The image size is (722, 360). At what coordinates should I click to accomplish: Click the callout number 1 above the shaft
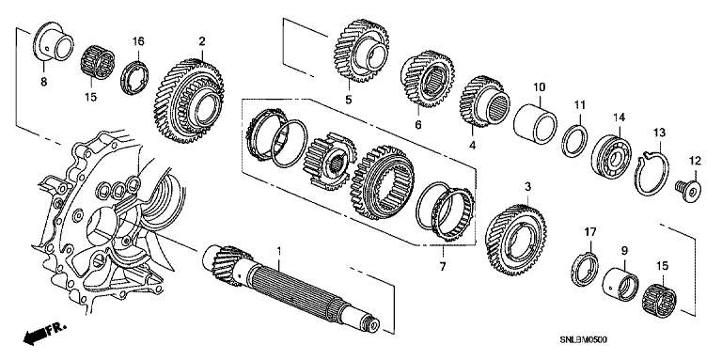(278, 252)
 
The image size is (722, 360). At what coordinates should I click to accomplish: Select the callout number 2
(202, 42)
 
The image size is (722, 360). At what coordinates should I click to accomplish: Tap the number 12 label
(695, 161)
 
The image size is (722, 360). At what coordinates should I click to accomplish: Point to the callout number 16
(138, 41)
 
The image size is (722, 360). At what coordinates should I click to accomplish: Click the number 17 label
(590, 231)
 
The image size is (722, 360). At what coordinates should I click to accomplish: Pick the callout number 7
(443, 267)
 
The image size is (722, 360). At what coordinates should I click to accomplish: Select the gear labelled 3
(516, 240)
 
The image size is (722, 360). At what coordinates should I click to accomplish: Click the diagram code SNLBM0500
(583, 340)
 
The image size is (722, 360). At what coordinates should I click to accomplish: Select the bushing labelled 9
(620, 281)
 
